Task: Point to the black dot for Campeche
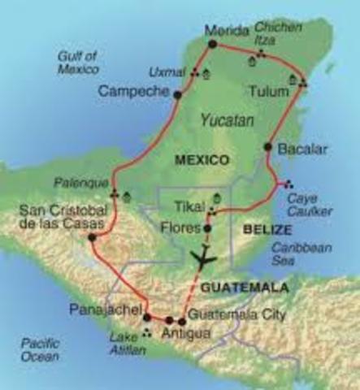[x=176, y=94]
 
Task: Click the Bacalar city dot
[x=267, y=147]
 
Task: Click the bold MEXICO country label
[x=202, y=160]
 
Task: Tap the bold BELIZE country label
[x=262, y=230]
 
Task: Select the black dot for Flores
[x=207, y=228]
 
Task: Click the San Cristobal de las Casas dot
[x=91, y=238]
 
